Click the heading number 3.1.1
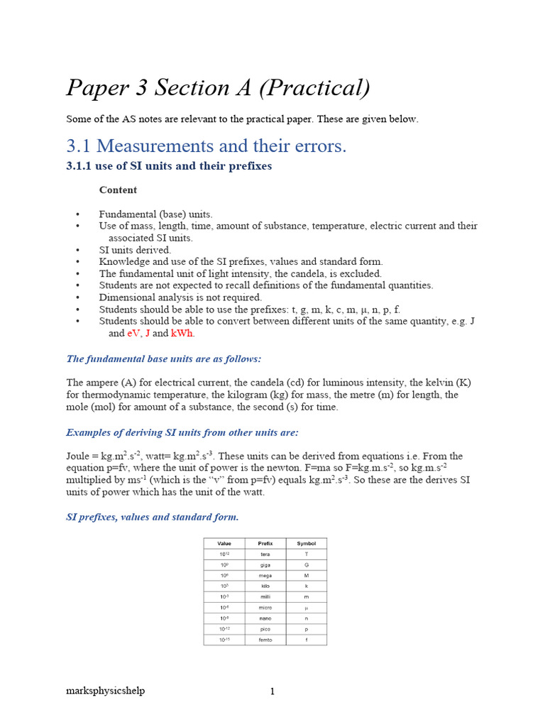[84, 166]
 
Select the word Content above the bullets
[118, 190]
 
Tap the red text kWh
[182, 334]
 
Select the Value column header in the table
[224, 543]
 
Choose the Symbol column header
[306, 543]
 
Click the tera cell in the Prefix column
[265, 554]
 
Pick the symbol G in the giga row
[307, 565]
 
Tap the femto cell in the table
[265, 640]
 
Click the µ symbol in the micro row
[307, 608]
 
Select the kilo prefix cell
[265, 586]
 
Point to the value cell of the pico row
[224, 629]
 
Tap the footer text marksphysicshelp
[106, 691]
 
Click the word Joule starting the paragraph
[81, 457]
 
